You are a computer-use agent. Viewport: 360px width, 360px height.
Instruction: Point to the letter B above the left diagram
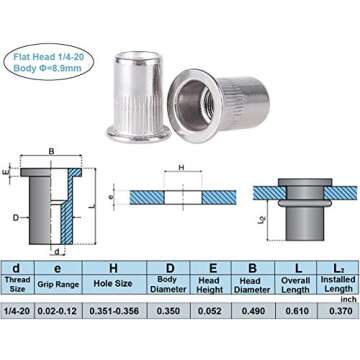[x=51, y=153]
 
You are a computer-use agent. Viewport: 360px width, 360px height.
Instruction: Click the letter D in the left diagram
[x=16, y=216]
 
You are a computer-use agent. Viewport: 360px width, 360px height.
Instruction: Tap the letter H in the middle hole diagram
[x=181, y=167]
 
